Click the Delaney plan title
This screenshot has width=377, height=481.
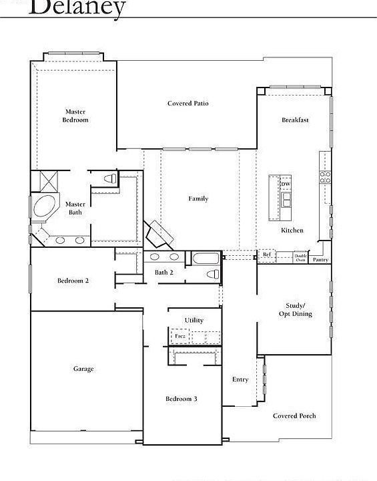tap(77, 8)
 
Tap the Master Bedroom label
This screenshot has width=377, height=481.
tap(75, 116)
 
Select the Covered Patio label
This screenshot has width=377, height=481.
tap(187, 104)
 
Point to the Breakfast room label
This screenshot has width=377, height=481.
tap(295, 120)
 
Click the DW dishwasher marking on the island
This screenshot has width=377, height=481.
tap(286, 184)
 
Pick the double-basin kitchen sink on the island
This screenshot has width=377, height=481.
tap(286, 200)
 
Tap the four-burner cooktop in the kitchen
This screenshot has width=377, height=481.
tap(326, 178)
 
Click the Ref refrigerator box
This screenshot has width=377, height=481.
tap(266, 255)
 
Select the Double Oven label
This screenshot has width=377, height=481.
tap(300, 257)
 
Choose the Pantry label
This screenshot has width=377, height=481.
tap(320, 259)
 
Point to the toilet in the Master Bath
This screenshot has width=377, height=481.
tap(111, 178)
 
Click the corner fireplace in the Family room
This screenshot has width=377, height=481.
tap(160, 234)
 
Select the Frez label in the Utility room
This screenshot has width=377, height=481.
tap(179, 335)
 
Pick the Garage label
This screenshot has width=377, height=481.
tap(83, 369)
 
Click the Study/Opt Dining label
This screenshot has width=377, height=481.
tap(295, 309)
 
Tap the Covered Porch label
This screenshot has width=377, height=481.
tap(294, 416)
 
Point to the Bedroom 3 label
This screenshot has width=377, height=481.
tap(181, 399)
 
